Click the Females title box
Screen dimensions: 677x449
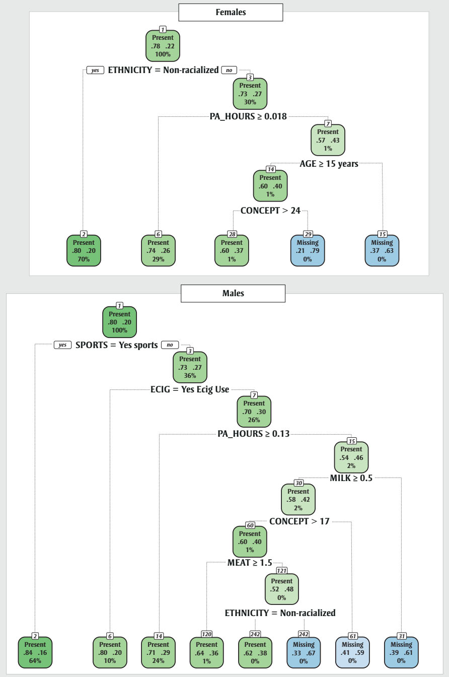pyautogui.click(x=231, y=13)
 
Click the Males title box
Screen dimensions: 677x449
pyautogui.click(x=233, y=293)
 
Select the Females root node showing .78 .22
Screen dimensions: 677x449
pyautogui.click(x=162, y=45)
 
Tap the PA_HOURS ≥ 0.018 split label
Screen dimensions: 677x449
pyautogui.click(x=248, y=116)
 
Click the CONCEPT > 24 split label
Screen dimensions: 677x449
pyautogui.click(x=270, y=211)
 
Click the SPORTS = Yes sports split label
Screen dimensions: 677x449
pyautogui.click(x=116, y=345)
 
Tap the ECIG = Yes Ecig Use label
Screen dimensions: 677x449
pyautogui.click(x=190, y=389)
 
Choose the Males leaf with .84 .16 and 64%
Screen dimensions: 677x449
pyautogui.click(x=35, y=652)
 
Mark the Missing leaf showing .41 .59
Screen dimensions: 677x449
pyautogui.click(x=352, y=652)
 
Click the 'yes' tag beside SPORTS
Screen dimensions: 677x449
pyautogui.click(x=62, y=345)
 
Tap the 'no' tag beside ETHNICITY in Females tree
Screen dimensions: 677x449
pyautogui.click(x=229, y=70)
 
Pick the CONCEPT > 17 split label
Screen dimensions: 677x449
pyautogui.click(x=299, y=521)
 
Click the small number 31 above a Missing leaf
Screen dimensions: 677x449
pyautogui.click(x=401, y=637)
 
